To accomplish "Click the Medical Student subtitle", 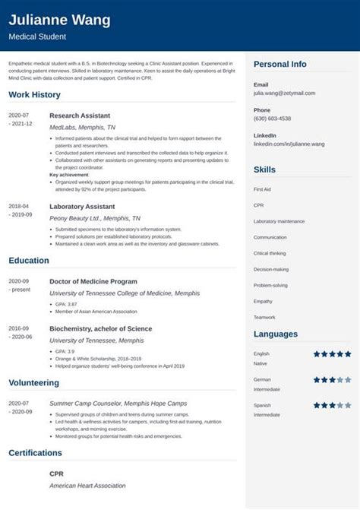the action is (x=37, y=36).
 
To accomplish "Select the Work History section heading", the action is (x=35, y=94).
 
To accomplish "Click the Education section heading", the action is (x=29, y=260).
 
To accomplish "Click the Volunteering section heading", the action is (x=33, y=383).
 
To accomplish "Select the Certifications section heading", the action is (x=36, y=453).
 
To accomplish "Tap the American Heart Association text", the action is (x=87, y=486).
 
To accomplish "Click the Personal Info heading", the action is (x=279, y=65).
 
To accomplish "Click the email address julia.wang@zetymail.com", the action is (x=284, y=93).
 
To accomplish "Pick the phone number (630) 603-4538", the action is (x=272, y=119).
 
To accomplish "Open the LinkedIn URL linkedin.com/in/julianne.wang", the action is (x=289, y=144).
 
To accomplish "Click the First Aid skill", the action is (x=262, y=188).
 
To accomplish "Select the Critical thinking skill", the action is (x=270, y=253).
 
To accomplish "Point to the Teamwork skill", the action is (x=264, y=317).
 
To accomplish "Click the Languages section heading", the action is (x=276, y=334).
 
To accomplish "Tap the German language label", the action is (x=262, y=379).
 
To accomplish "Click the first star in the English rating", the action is (x=317, y=354).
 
